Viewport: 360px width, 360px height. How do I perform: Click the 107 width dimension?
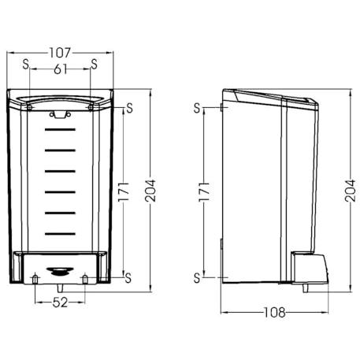[61, 53]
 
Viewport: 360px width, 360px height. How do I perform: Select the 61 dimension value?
[61, 69]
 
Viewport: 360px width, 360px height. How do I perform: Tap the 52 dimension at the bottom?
[60, 302]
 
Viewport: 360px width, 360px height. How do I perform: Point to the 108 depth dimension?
[274, 313]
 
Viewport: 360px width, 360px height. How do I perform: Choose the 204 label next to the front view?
[150, 191]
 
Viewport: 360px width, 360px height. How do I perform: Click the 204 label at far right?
[350, 191]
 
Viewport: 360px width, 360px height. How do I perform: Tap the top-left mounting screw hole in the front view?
[29, 107]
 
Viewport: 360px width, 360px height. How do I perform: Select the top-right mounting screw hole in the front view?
[91, 107]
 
